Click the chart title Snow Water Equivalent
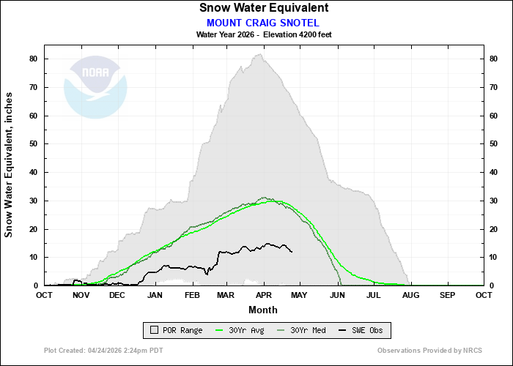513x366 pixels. (x=263, y=8)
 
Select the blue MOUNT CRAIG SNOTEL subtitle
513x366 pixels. (x=263, y=22)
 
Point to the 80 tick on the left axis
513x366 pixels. (x=34, y=59)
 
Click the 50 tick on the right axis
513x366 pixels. (x=494, y=144)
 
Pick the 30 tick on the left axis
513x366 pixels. (x=34, y=201)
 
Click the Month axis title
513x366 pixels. (x=263, y=309)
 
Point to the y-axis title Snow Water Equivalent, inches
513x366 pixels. (x=10, y=165)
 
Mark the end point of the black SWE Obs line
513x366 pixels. (x=292, y=252)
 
